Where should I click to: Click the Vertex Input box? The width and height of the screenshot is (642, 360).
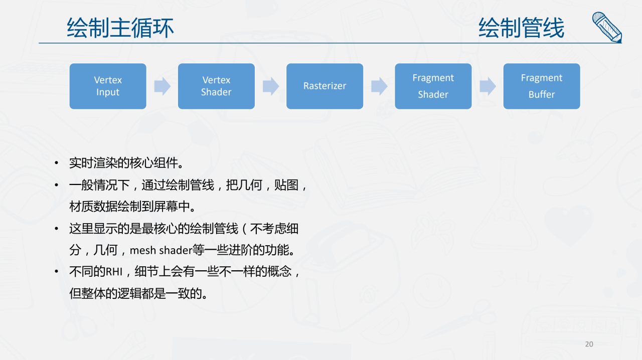tap(108, 86)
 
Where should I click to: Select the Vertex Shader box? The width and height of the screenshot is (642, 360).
tap(216, 86)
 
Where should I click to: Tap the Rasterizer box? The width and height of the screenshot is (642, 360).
tap(325, 86)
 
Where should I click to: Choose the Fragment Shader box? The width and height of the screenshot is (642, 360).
tap(433, 86)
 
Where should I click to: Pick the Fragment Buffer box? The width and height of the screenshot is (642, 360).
tap(542, 86)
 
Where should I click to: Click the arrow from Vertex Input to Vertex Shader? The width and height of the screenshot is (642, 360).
tap(162, 86)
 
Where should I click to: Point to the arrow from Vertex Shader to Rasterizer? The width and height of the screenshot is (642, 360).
tap(271, 86)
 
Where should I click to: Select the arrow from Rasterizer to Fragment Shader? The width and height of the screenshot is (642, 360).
tap(379, 86)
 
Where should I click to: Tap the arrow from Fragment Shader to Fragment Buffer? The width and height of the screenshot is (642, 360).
tap(488, 86)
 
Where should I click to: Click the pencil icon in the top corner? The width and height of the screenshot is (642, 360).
tap(607, 28)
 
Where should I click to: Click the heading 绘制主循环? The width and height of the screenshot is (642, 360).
tap(120, 28)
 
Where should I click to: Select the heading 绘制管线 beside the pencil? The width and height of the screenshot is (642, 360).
tap(521, 28)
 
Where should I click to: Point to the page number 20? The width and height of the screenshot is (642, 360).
tap(589, 344)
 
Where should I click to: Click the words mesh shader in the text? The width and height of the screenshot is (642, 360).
tap(161, 251)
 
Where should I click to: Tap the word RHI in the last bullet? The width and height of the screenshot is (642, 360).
tap(114, 271)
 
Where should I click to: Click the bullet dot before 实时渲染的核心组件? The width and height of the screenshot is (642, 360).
tap(57, 163)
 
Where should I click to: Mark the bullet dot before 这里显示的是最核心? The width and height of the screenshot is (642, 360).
tap(57, 229)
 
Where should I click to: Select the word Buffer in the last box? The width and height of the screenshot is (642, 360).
tap(542, 94)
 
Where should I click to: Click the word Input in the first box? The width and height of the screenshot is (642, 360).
tap(108, 92)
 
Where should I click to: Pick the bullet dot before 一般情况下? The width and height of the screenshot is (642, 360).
tap(57, 185)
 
